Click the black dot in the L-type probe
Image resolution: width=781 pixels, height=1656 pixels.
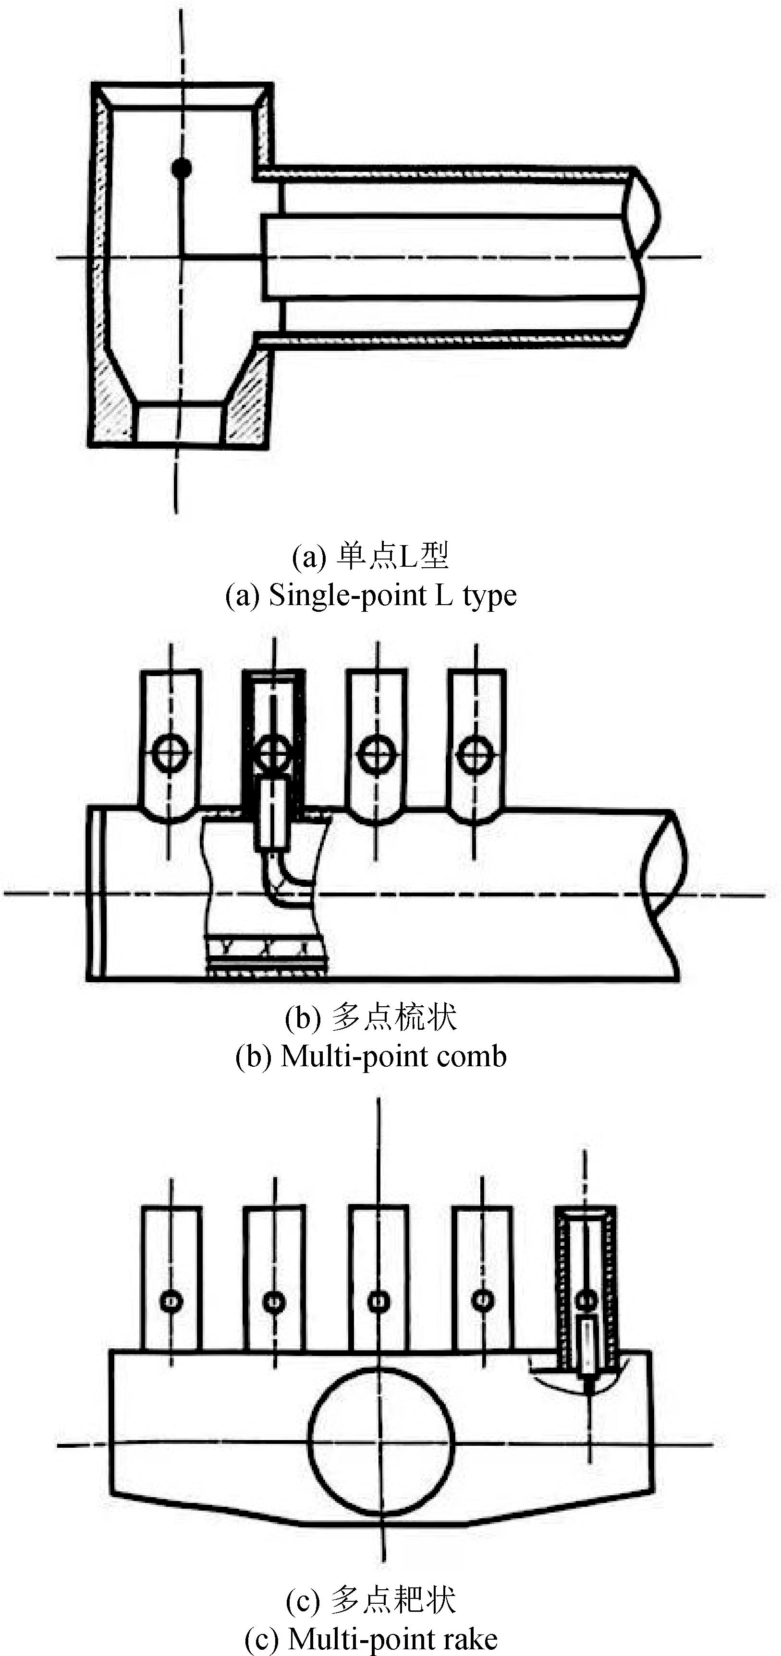182,168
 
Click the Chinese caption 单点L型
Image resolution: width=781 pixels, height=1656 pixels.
392,557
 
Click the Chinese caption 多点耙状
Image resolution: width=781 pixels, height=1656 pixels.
394,1599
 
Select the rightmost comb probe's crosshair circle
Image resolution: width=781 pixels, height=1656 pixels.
476,753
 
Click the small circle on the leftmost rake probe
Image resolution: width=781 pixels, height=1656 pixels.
171,1302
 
